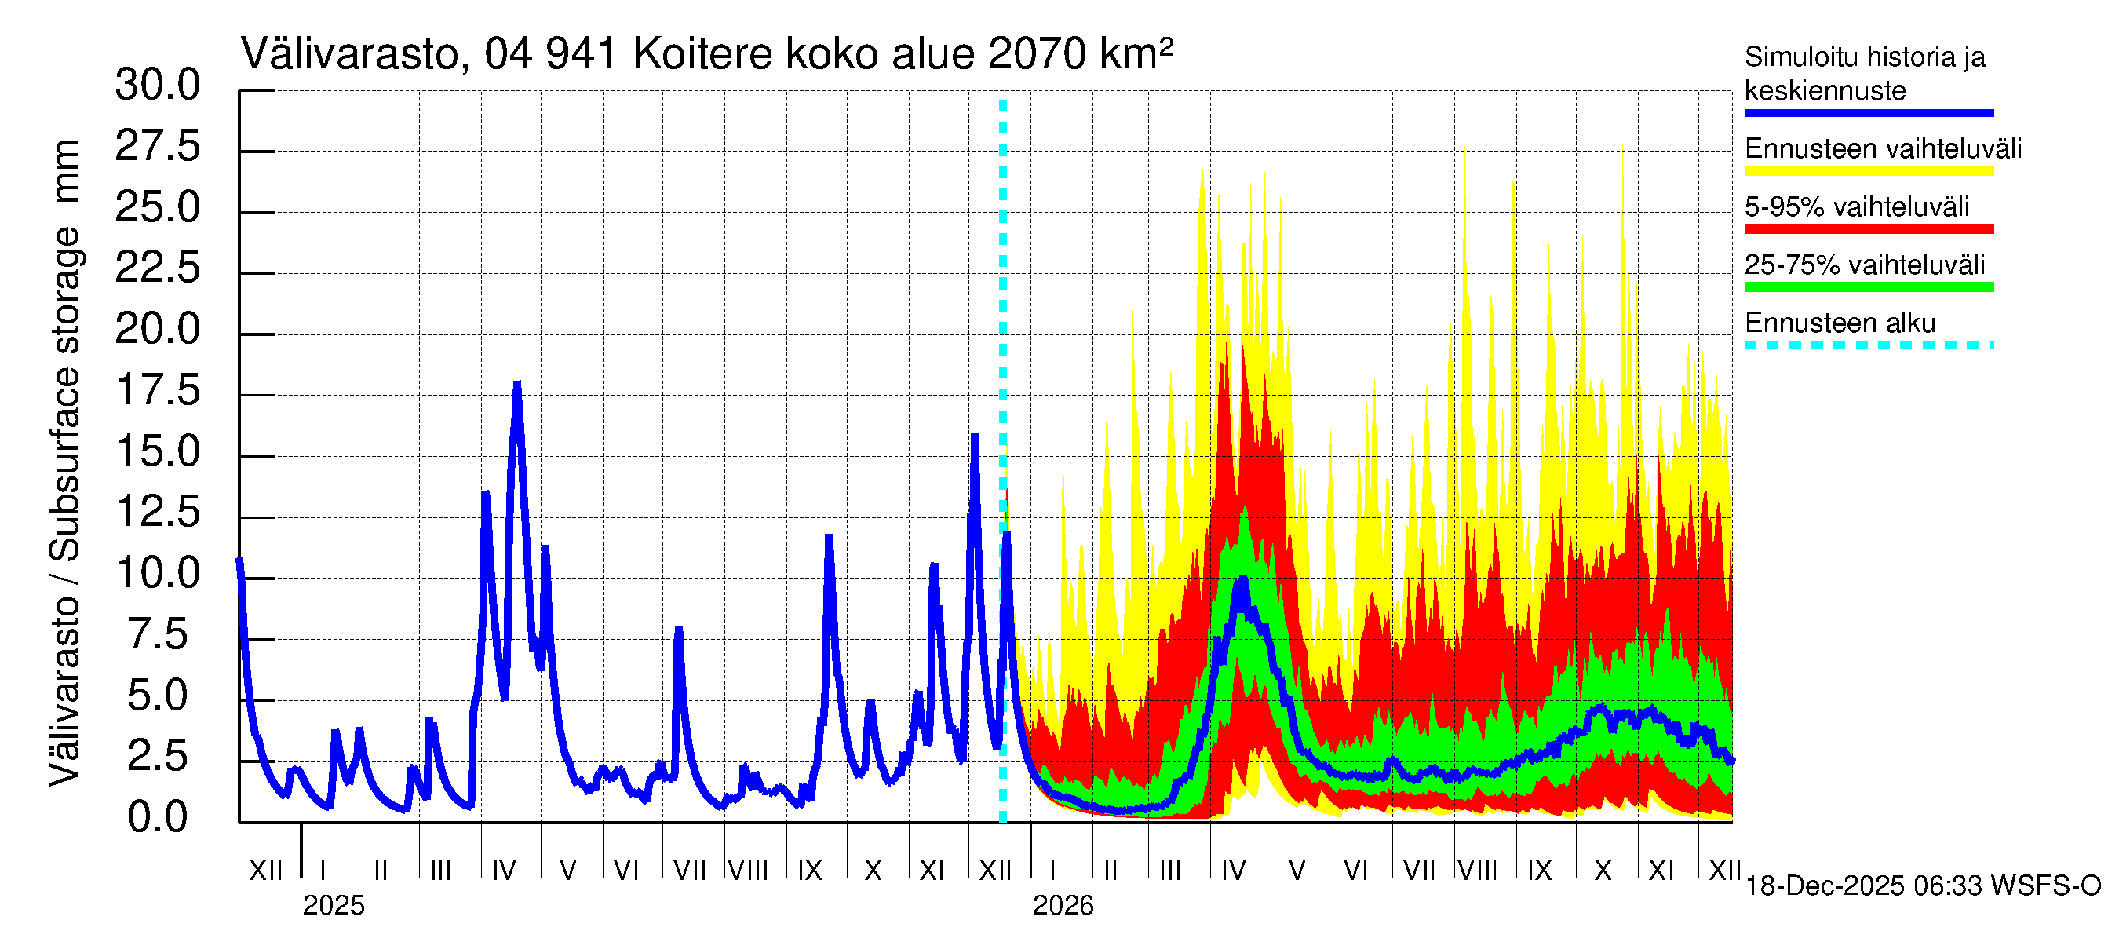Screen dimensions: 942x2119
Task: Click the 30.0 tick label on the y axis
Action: [157, 86]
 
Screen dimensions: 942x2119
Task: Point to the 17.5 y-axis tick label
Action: [157, 391]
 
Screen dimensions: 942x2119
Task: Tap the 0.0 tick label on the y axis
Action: [157, 818]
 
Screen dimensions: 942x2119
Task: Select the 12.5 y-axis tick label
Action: [157, 513]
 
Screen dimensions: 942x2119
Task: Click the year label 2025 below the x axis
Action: [333, 906]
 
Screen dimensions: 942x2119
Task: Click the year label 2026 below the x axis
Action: [1063, 906]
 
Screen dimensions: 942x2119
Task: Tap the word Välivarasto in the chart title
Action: [348, 55]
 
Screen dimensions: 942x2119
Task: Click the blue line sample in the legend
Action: [1868, 113]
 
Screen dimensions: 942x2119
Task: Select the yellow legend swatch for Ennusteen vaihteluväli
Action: [1868, 171]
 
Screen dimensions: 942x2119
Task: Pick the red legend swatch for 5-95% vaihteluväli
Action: [1868, 228]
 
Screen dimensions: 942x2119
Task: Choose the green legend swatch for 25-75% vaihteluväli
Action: [1868, 287]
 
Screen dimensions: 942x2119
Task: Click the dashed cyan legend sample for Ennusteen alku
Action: [1868, 345]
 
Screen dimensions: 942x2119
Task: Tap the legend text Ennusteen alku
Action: [1840, 323]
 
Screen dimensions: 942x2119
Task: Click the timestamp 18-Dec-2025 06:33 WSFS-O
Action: [1922, 886]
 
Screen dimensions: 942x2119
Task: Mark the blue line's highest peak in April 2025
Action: [517, 384]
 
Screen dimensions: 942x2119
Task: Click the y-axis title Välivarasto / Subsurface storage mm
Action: [66, 462]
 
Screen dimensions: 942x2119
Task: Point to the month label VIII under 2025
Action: [748, 871]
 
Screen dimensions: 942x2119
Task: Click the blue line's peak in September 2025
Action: [828, 537]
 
